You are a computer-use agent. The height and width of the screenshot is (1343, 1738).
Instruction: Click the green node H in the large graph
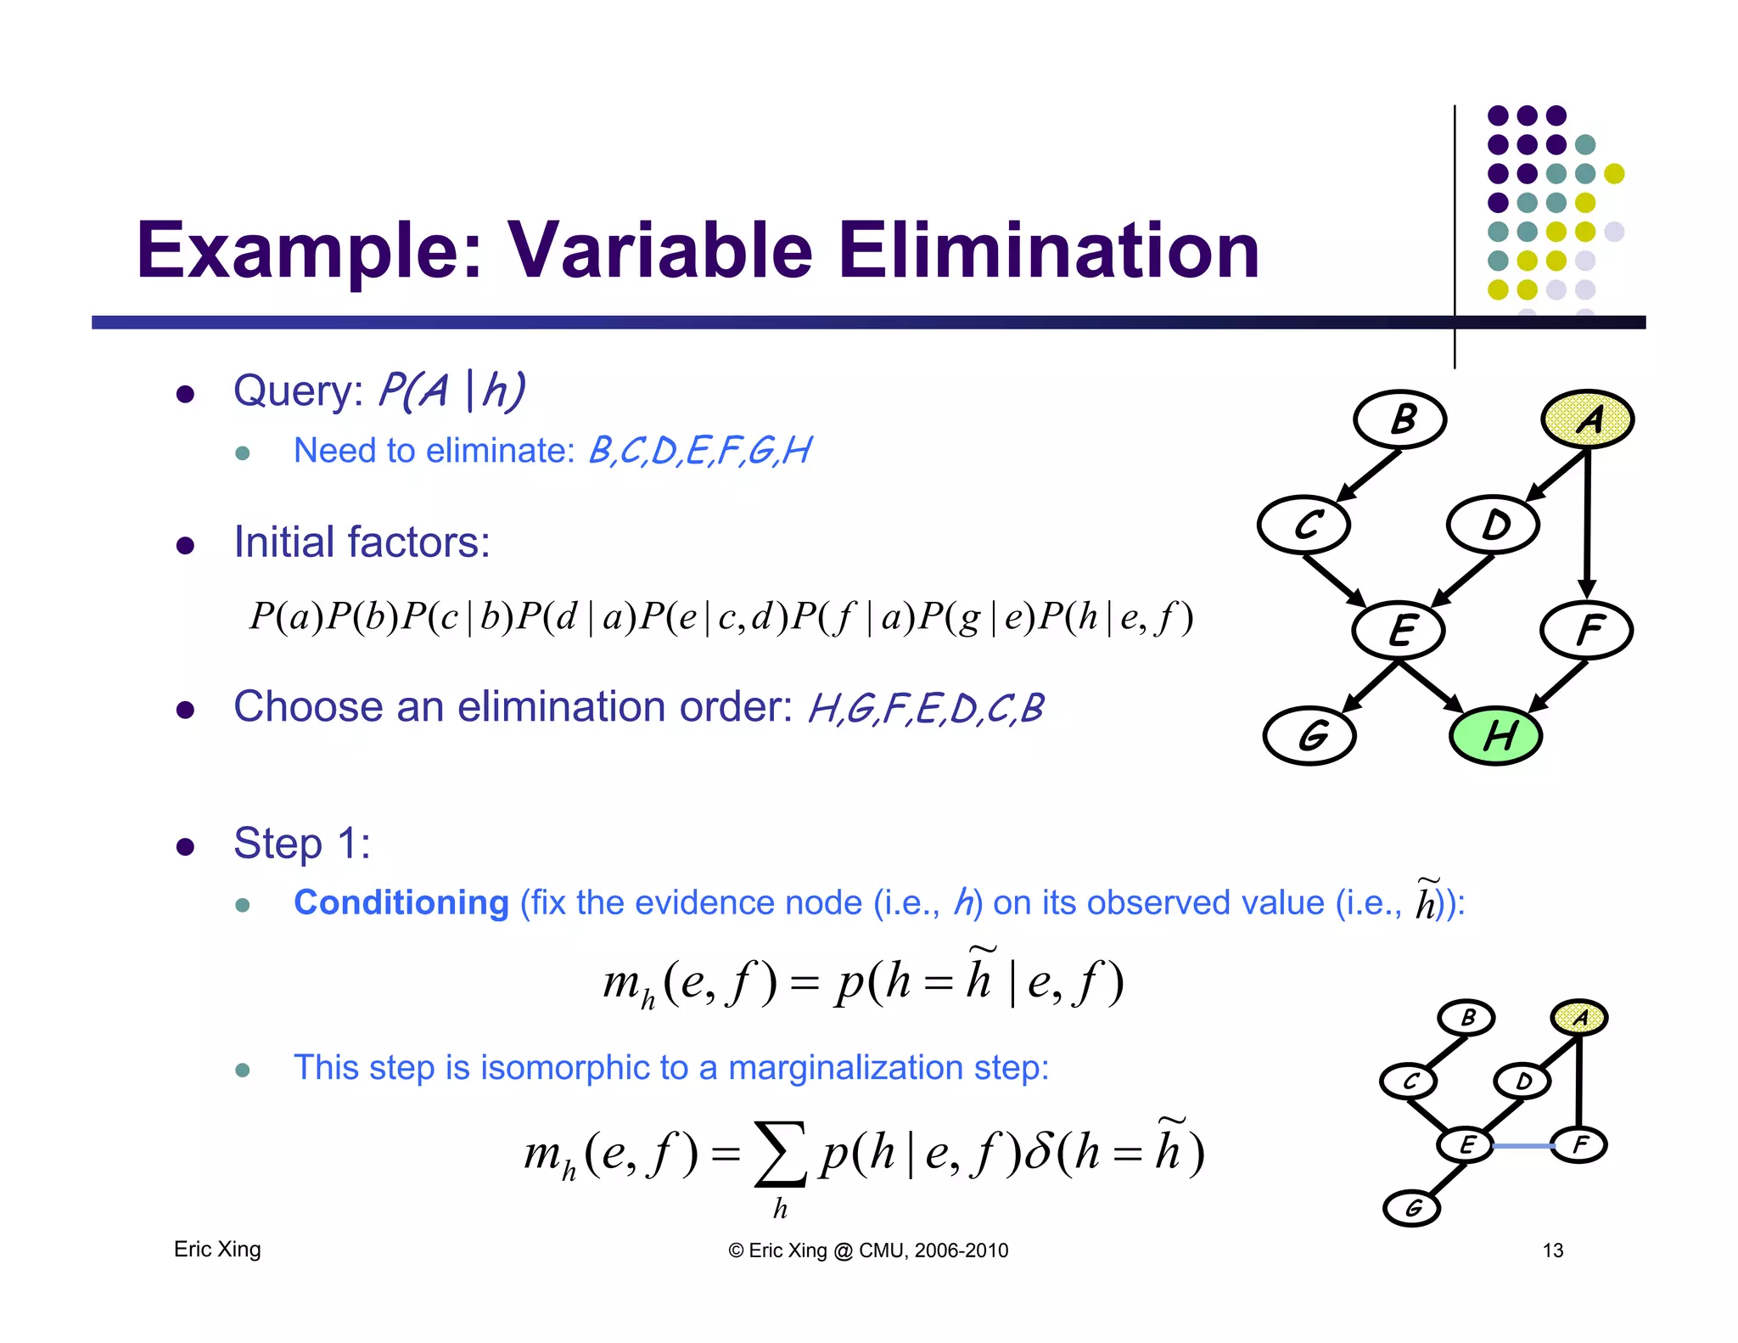coord(1495,735)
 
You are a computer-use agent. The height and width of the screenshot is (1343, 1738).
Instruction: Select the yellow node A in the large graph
coord(1587,419)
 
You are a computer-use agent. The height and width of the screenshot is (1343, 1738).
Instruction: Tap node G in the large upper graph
coord(1309,735)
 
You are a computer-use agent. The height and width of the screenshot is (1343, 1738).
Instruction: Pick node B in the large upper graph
coord(1400,419)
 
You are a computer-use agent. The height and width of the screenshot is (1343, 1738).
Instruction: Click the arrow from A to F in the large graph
coord(1587,526)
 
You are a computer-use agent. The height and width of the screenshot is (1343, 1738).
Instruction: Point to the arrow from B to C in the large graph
coord(1368,475)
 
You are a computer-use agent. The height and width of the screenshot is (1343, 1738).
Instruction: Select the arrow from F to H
coord(1557,686)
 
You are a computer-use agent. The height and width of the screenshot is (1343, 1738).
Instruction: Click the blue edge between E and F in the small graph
coord(1522,1146)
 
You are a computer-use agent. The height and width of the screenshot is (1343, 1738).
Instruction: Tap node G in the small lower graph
coord(1412,1208)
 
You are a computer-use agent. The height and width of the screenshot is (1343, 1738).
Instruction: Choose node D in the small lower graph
coord(1522,1082)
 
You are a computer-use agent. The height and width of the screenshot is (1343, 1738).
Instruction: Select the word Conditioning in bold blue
coord(401,902)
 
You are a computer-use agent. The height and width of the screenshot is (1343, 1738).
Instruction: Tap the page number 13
coord(1552,1250)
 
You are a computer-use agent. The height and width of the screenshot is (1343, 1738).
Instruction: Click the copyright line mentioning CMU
coord(868,1250)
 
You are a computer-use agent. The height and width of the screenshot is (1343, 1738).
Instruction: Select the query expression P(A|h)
coord(451,391)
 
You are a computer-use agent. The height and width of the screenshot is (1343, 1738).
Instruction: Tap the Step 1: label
coord(302,844)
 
